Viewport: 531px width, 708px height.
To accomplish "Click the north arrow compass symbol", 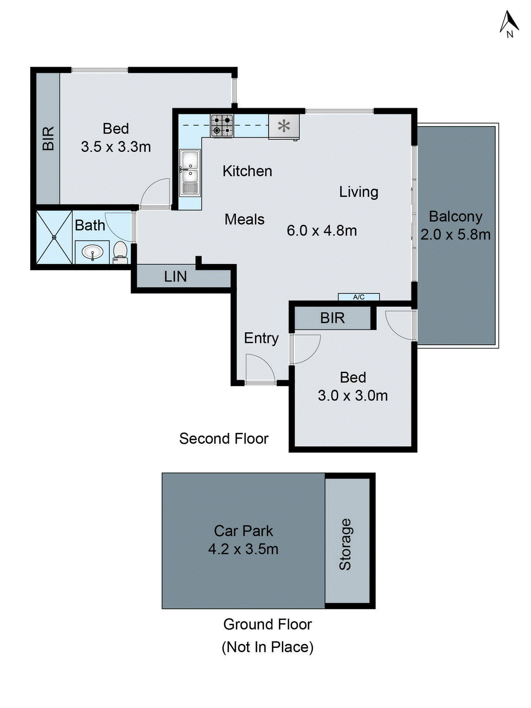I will (x=509, y=24).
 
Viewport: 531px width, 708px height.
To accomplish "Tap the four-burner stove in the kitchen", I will (x=222, y=125).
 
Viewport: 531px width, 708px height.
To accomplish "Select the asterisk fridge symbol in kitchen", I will (x=284, y=127).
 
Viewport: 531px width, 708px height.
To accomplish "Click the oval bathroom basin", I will (x=92, y=253).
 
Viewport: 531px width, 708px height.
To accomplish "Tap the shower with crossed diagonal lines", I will (x=54, y=237).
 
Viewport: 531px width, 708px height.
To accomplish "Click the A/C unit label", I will (x=359, y=297).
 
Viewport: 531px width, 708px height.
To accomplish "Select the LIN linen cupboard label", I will (x=175, y=277).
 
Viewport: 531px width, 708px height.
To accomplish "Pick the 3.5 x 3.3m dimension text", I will (x=116, y=146).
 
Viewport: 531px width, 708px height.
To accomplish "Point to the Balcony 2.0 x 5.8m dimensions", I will (x=455, y=235).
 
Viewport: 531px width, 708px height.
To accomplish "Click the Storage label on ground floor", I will (x=345, y=544).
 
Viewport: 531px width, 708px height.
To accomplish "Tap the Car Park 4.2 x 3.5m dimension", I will (x=243, y=549).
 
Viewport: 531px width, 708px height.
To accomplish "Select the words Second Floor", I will (x=223, y=439).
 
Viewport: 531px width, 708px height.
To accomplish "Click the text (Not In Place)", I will (x=267, y=647).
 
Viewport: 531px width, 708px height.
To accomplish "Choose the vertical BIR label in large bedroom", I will (x=48, y=138).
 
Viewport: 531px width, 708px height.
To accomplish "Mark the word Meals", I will (x=244, y=219).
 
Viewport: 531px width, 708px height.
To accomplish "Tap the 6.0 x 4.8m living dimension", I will (x=322, y=231).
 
